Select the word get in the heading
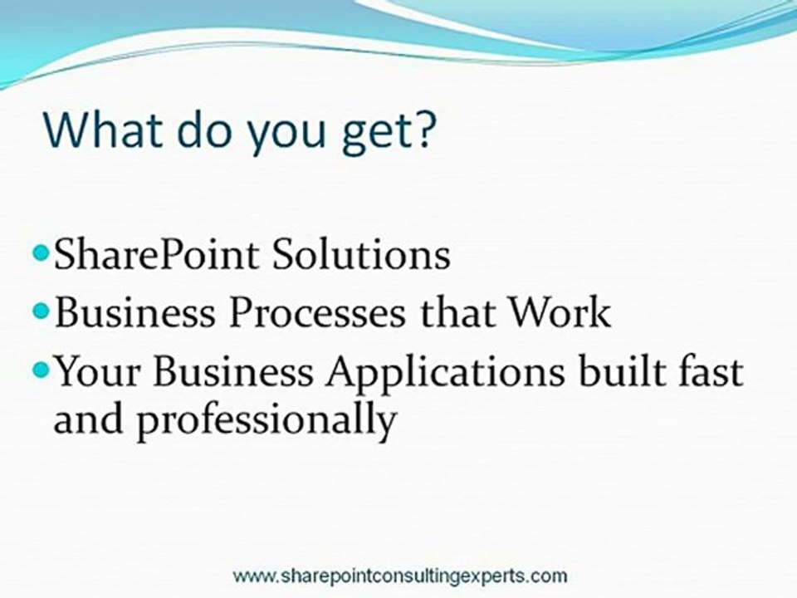(374, 133)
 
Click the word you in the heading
(285, 135)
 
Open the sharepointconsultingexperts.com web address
(400, 576)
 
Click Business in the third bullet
(233, 370)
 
